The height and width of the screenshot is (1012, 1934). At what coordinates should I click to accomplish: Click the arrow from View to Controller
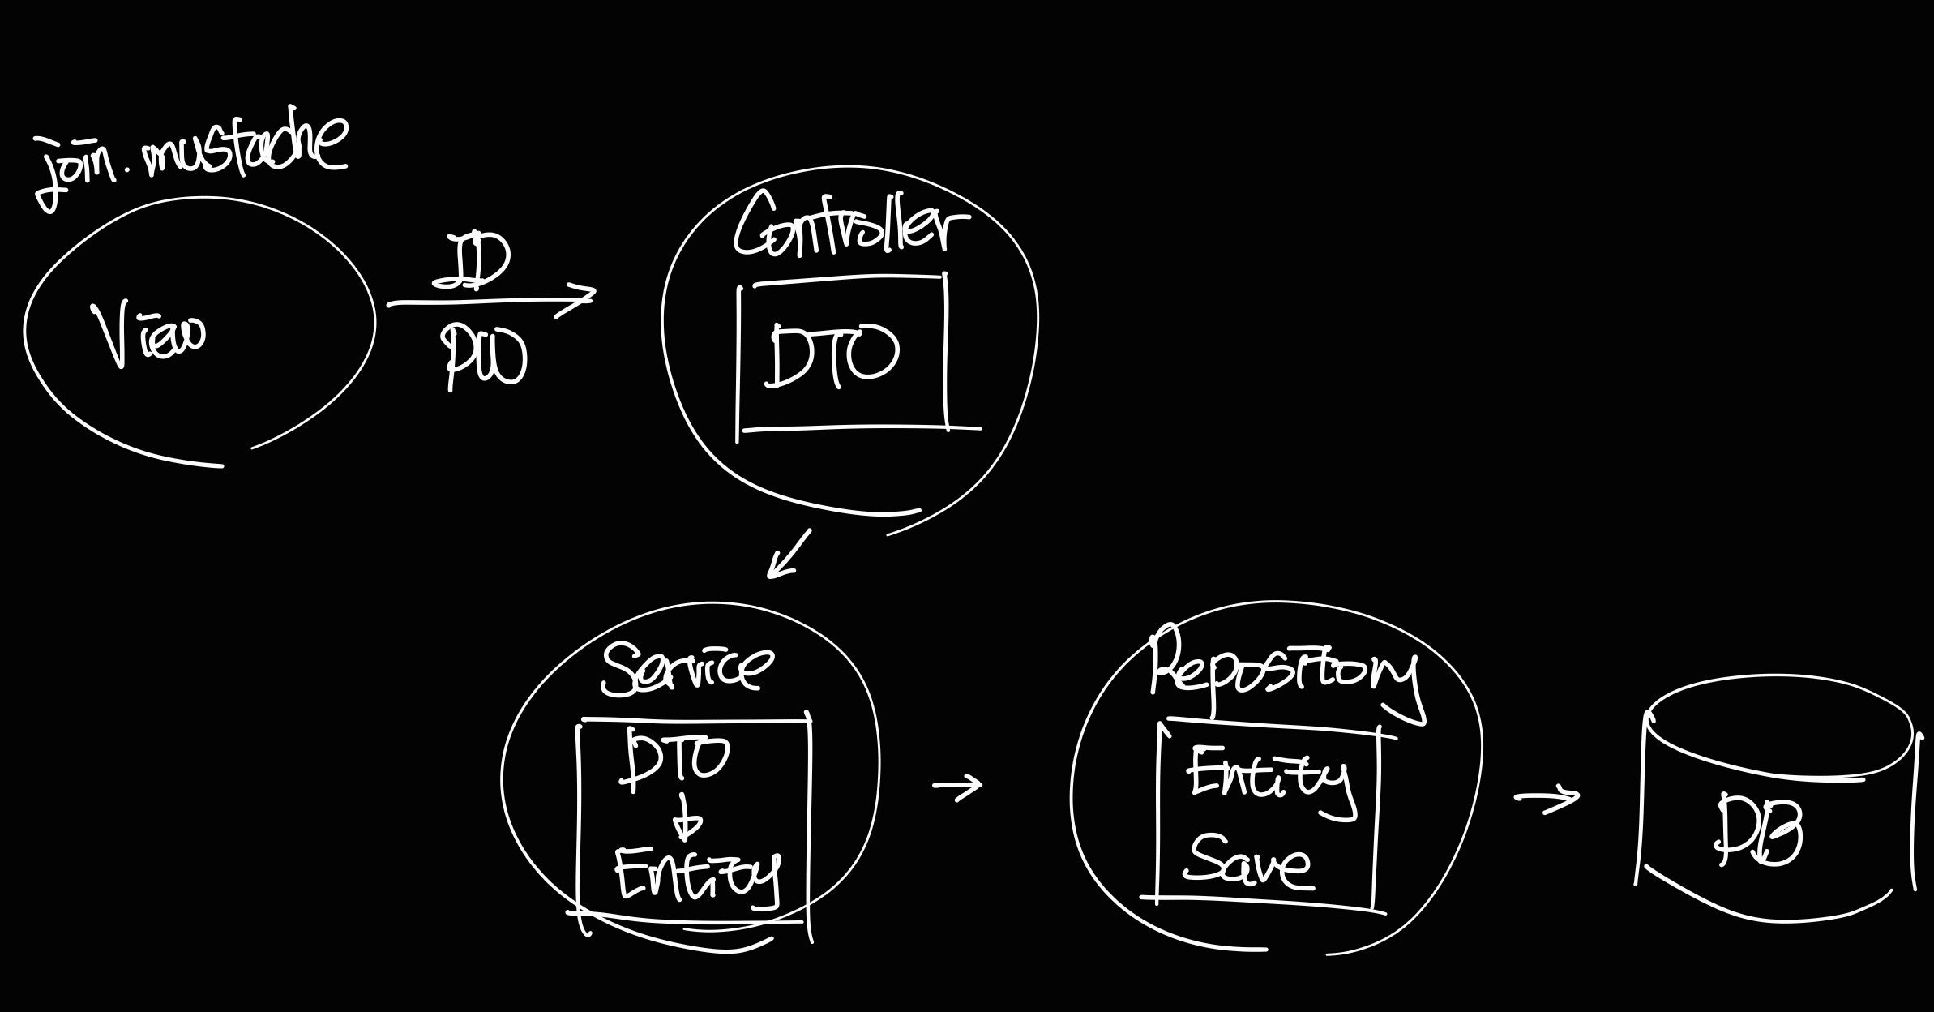pyautogui.click(x=491, y=302)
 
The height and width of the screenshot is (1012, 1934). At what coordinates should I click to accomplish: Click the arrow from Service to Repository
pyautogui.click(x=957, y=785)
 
